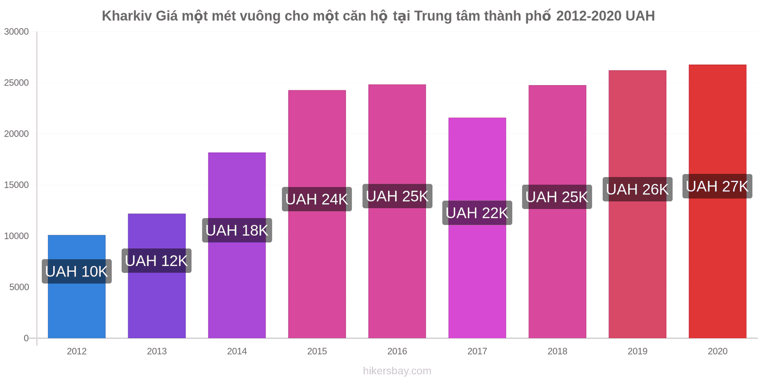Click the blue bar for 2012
[76, 286]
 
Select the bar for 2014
[237, 245]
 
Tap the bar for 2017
[477, 228]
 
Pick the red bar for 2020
[717, 201]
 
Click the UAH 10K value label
[76, 271]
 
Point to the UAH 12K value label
[156, 261]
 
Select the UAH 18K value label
[237, 230]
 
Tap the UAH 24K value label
[317, 199]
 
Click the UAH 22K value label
[477, 213]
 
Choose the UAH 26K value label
[637, 190]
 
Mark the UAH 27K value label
[717, 186]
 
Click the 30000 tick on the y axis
[16, 32]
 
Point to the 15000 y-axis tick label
[16, 185]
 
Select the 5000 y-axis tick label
[19, 287]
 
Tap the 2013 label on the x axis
[157, 351]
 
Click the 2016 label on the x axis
[397, 351]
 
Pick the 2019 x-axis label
[637, 351]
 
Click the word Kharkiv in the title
[127, 16]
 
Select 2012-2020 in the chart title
[589, 16]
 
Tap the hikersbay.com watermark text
[397, 371]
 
